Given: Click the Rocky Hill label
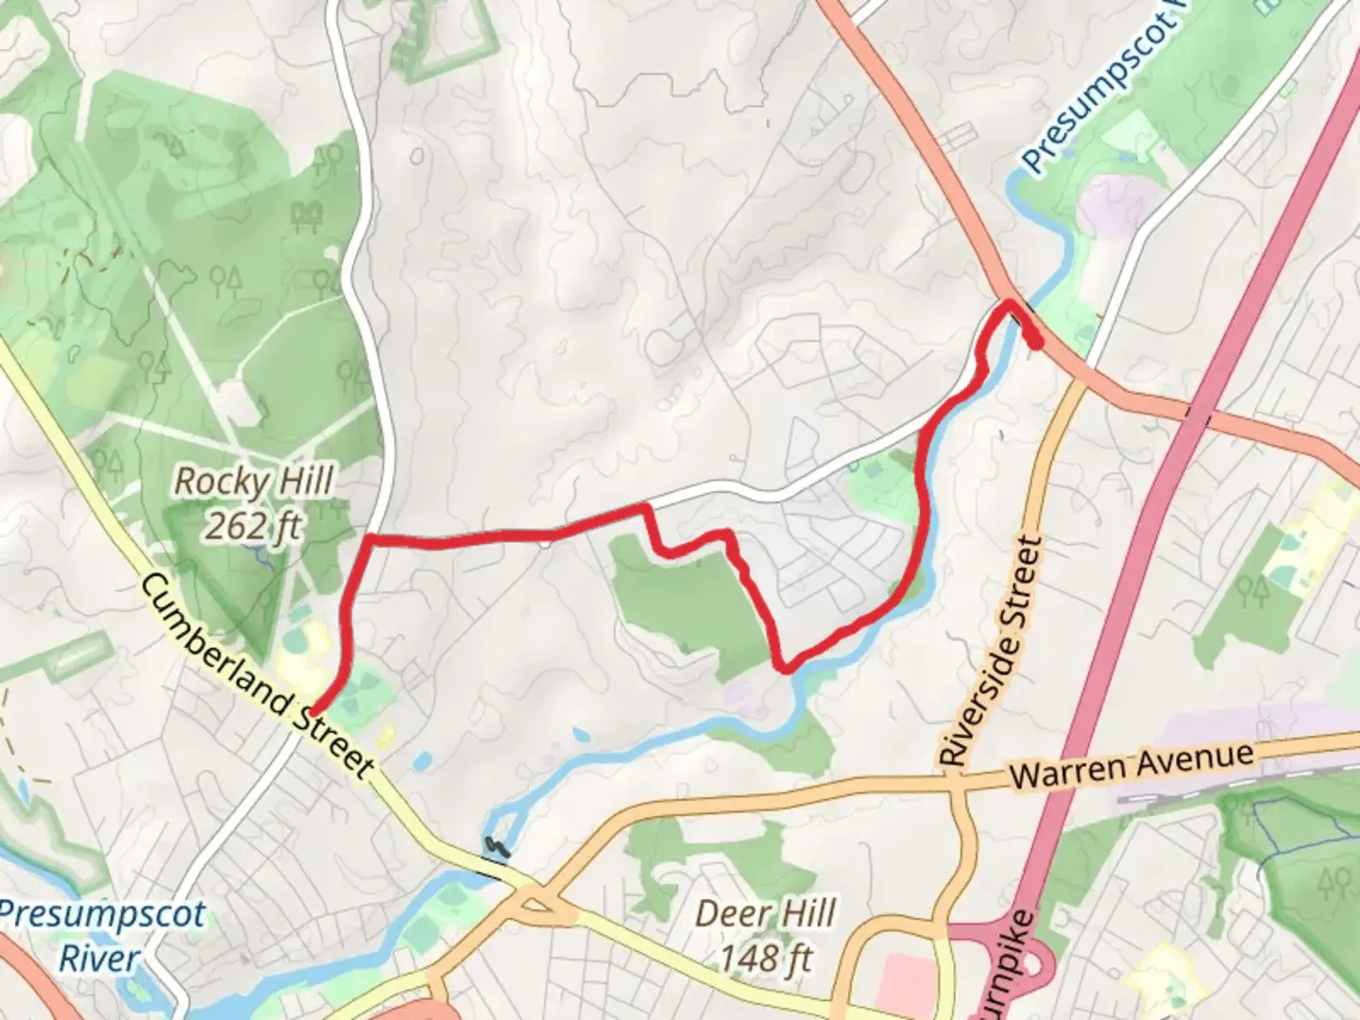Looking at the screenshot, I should point(253,482).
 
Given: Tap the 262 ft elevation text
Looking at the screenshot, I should point(253,526).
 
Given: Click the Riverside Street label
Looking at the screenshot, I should point(992,651).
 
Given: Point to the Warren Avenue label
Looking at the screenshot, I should point(1131,764).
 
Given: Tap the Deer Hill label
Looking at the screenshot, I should point(765,913).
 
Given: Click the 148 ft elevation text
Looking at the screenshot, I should point(765,959).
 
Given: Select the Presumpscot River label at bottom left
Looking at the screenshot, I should point(101,936).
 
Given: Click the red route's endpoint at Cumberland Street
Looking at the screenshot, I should point(313,712).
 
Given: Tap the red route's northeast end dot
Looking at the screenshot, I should point(1036,342).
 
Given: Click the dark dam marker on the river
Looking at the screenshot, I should point(495,847).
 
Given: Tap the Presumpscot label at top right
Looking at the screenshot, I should point(1096,94).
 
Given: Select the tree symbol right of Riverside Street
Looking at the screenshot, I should point(1254,591).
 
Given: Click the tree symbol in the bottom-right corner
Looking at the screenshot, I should point(1334,883).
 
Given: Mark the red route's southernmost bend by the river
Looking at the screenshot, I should point(783,668).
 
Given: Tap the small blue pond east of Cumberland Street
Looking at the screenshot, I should point(421,759).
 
